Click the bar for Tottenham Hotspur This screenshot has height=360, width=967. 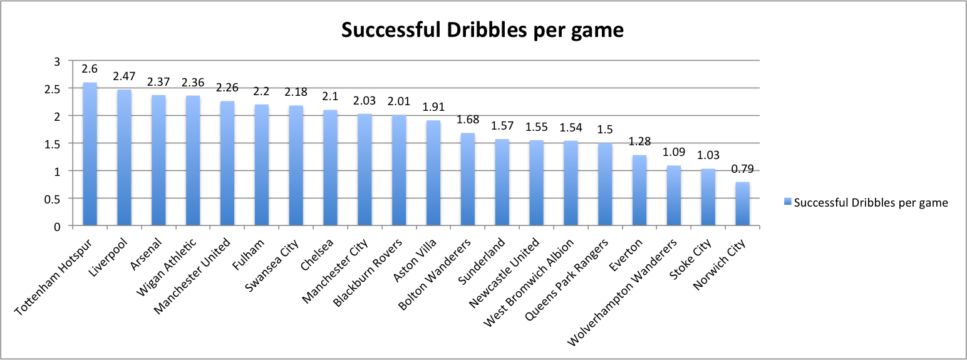(x=90, y=154)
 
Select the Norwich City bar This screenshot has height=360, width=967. (x=742, y=203)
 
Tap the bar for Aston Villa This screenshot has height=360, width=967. (x=433, y=173)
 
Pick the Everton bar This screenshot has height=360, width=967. (x=639, y=190)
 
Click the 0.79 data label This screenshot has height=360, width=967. (x=742, y=170)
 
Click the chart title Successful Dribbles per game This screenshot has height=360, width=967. (x=482, y=30)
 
